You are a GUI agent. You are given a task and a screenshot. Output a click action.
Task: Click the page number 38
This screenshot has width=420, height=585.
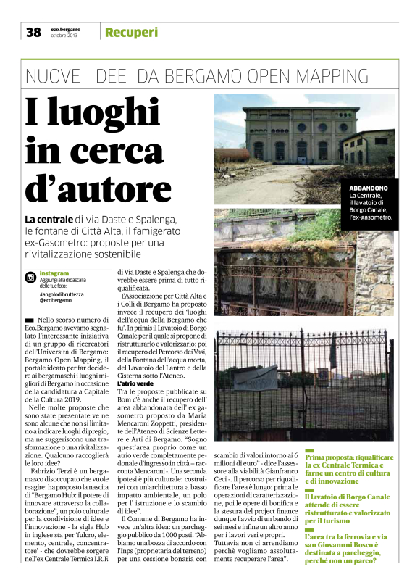tap(33, 32)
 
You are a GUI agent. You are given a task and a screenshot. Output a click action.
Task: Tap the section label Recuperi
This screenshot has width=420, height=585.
tap(131, 32)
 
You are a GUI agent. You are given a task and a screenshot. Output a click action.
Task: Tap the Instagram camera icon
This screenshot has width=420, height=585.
tap(30, 278)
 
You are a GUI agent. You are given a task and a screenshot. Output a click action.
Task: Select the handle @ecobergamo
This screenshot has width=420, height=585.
tap(58, 302)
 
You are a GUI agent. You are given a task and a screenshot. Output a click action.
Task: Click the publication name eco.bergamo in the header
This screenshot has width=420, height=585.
tap(65, 28)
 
